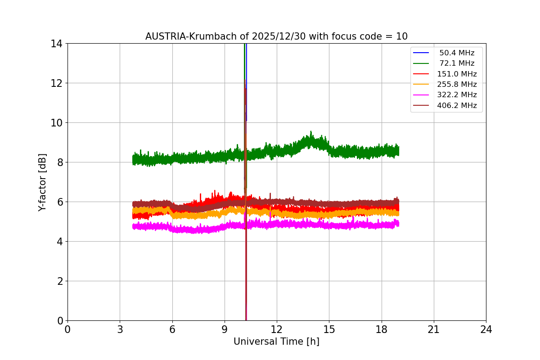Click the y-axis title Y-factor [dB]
[x=42, y=182]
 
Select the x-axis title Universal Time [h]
[x=276, y=342]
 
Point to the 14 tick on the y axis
[x=56, y=44]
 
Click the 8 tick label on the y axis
[x=59, y=162]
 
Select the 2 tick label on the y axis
[x=59, y=281]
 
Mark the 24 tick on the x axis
[x=486, y=329]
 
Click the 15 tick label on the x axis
[x=329, y=329]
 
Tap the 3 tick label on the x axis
[x=120, y=329]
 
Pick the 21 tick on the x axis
[x=434, y=329]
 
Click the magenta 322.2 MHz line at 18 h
[x=381, y=225]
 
